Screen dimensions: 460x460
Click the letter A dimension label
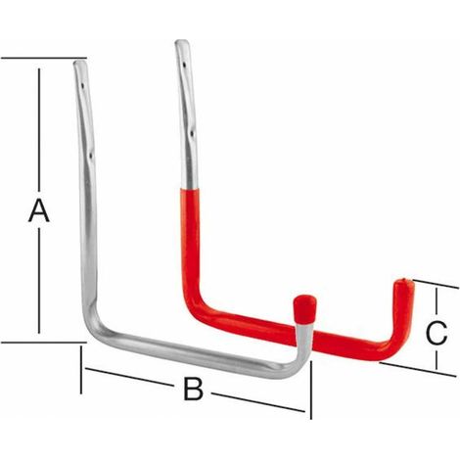(x=39, y=211)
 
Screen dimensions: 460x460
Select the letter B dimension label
(x=193, y=389)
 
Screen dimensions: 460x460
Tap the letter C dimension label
(x=437, y=333)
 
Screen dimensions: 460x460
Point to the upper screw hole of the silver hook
(x=83, y=86)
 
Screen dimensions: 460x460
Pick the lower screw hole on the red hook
(x=193, y=133)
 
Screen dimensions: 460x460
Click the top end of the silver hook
(x=80, y=61)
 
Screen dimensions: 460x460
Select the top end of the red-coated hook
(x=182, y=42)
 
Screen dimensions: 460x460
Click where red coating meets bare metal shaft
(x=191, y=189)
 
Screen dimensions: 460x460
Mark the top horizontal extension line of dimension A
(x=44, y=58)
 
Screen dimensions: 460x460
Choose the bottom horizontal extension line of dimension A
(x=44, y=343)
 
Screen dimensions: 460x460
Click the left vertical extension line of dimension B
(x=81, y=370)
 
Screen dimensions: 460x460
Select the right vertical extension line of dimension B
(x=311, y=390)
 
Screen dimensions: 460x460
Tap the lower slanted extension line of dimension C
(x=418, y=369)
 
